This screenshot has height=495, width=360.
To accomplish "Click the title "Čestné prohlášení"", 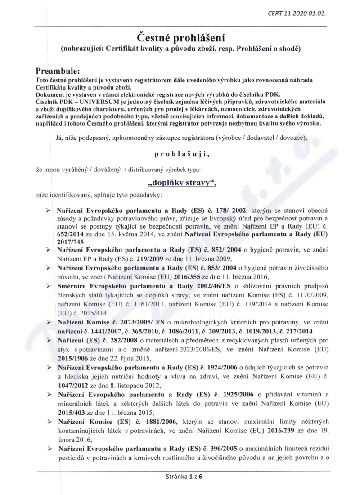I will pyautogui.click(x=180, y=36).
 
